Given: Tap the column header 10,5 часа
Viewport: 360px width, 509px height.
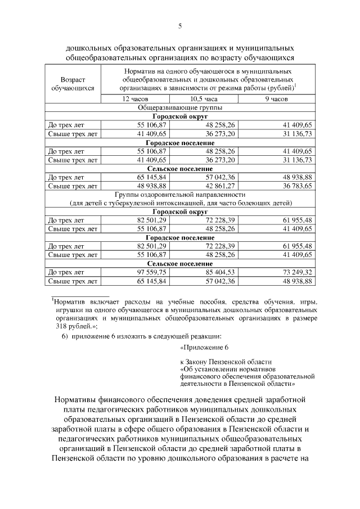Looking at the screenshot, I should [203, 99].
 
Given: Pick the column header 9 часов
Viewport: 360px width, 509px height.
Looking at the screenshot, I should [276, 99].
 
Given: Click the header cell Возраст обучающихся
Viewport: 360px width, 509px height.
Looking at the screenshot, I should [72, 84].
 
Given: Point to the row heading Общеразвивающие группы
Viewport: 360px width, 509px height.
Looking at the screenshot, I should [179, 107].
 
